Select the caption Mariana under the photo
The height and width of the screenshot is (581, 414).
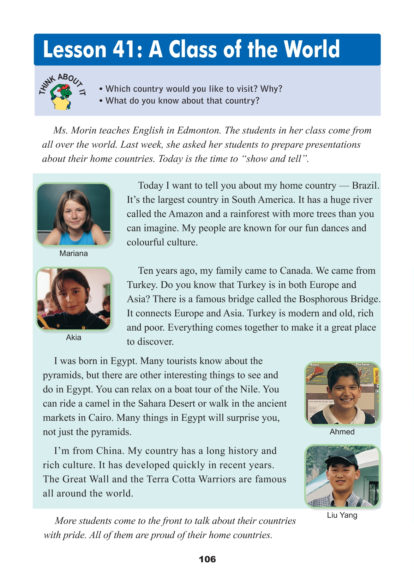click(x=74, y=253)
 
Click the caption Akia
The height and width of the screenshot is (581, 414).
click(x=74, y=337)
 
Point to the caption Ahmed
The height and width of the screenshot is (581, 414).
click(x=342, y=432)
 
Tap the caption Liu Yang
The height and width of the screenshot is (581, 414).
click(x=342, y=515)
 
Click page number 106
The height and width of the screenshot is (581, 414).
click(x=207, y=559)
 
